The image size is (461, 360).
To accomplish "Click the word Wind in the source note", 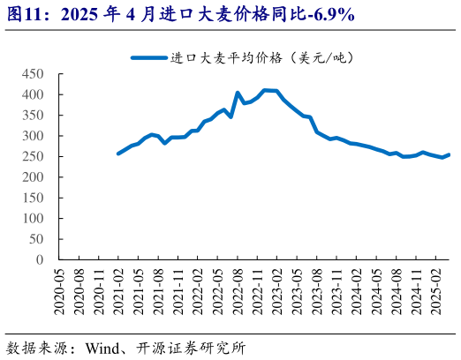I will pos(103,347).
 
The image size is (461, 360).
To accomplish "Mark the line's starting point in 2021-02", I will pos(118,154).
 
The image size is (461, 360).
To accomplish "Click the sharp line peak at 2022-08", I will pos(238,93).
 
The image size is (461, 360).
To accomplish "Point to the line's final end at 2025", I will pos(449,154).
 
